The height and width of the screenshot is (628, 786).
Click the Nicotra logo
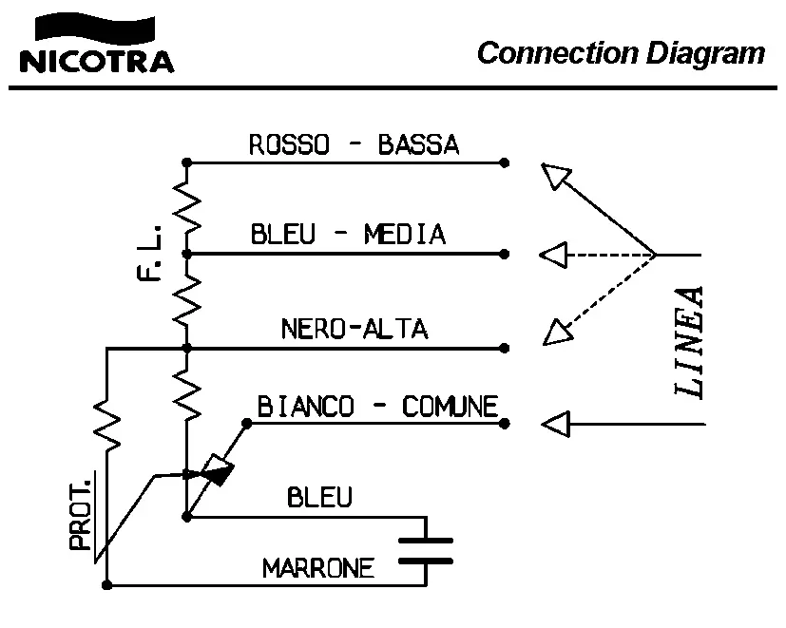pos(96,48)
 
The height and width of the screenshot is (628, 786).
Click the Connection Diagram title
pos(621,52)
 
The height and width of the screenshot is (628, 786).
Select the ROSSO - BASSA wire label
pos(354,145)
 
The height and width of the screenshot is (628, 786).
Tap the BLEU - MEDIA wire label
pos(348,234)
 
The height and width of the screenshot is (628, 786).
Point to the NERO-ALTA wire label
pos(355,329)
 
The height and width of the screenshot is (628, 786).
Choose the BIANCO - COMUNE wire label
pos(378,408)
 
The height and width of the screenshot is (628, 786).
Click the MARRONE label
pos(318,570)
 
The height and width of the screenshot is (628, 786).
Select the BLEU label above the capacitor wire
pos(319,497)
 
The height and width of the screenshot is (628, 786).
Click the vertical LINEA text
pos(688,341)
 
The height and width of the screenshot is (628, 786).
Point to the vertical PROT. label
pos(82,514)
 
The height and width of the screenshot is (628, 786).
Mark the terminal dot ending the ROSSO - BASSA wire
pos(505,162)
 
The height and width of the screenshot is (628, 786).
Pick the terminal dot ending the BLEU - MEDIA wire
pos(505,254)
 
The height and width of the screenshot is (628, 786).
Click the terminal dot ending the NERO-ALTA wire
pos(505,348)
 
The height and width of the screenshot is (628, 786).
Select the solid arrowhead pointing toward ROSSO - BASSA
pos(558,177)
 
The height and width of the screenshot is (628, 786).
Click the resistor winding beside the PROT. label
pos(108,424)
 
